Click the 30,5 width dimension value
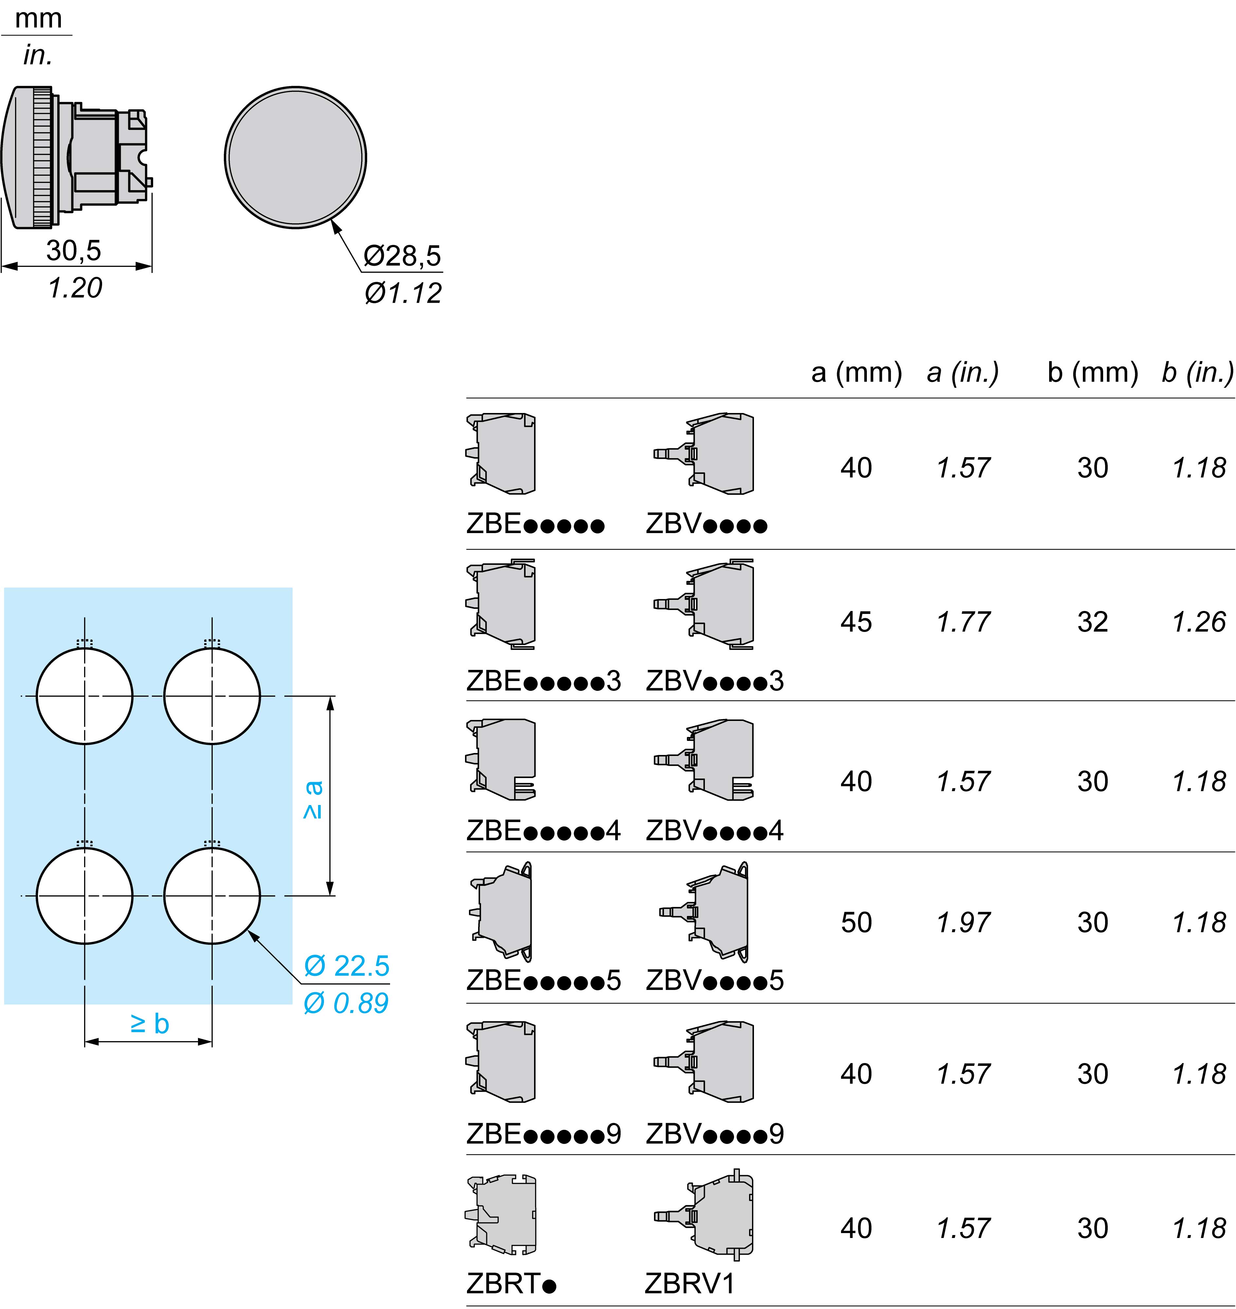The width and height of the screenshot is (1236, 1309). click(x=74, y=250)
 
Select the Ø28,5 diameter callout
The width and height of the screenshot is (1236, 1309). click(x=403, y=256)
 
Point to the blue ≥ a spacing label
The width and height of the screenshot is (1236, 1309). click(x=313, y=800)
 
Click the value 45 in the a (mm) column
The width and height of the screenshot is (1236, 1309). click(x=856, y=622)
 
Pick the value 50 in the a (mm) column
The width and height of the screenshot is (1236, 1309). click(x=856, y=922)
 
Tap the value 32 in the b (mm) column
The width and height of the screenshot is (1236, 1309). click(x=1092, y=622)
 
